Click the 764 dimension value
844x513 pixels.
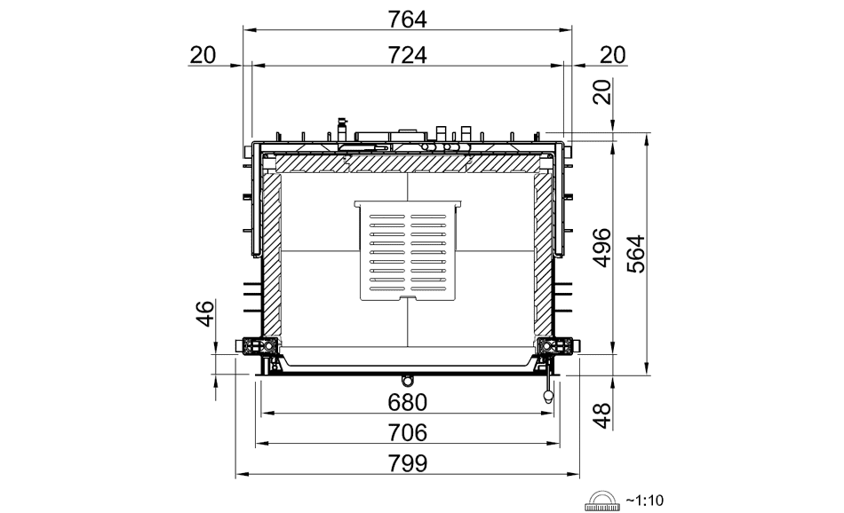click(408, 20)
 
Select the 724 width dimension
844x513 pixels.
click(408, 55)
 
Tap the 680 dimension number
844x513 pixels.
click(408, 402)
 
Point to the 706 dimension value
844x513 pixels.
click(408, 432)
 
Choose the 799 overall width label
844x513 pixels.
click(408, 463)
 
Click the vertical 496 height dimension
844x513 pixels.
click(602, 248)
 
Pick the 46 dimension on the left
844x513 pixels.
click(205, 314)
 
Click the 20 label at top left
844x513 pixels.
click(203, 55)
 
